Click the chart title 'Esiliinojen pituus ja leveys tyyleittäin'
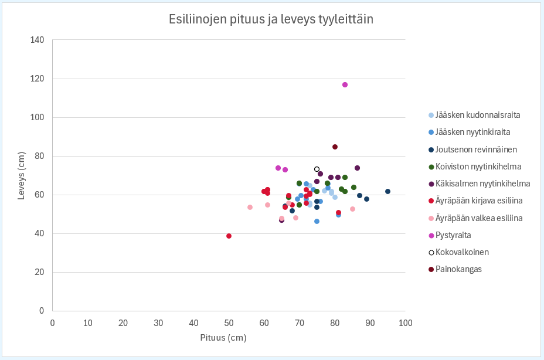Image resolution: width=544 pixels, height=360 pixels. point(271,19)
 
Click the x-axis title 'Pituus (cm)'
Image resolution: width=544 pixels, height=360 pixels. point(223,338)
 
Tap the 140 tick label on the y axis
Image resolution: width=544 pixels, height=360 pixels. point(37,40)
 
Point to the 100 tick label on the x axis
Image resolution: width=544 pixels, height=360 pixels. point(405,322)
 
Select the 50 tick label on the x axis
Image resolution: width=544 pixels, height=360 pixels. point(229,322)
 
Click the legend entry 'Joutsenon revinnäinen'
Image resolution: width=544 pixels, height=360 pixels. point(475,149)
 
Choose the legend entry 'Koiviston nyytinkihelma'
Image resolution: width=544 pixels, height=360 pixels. point(478,167)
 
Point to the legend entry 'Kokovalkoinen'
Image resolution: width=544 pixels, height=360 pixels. point(462,252)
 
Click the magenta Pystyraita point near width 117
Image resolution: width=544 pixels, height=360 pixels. point(345,84)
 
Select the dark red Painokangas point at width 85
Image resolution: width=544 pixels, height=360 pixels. point(335,147)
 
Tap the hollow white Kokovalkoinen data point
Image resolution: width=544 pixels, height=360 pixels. point(317,169)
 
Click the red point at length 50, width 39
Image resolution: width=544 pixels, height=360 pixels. point(229,236)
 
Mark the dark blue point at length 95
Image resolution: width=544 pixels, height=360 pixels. point(387,191)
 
